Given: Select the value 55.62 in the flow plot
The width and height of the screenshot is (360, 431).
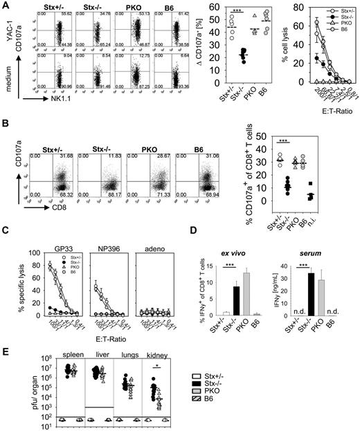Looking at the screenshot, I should (60, 16).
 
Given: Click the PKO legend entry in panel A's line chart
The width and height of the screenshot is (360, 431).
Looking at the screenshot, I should (339, 24).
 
